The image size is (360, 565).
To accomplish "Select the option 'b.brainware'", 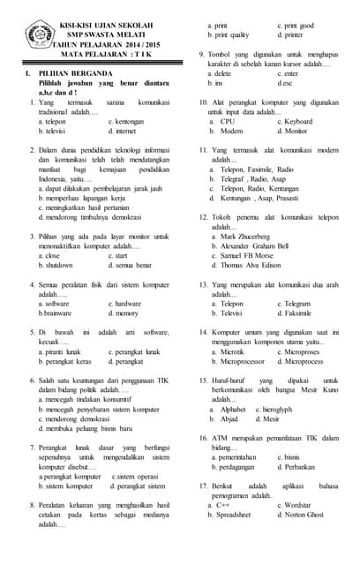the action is click(x=55, y=313).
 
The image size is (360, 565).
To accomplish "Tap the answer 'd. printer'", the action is click(x=291, y=35).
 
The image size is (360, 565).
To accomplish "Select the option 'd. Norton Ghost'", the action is click(x=298, y=514).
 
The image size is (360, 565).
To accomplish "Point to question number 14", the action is click(x=203, y=332).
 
